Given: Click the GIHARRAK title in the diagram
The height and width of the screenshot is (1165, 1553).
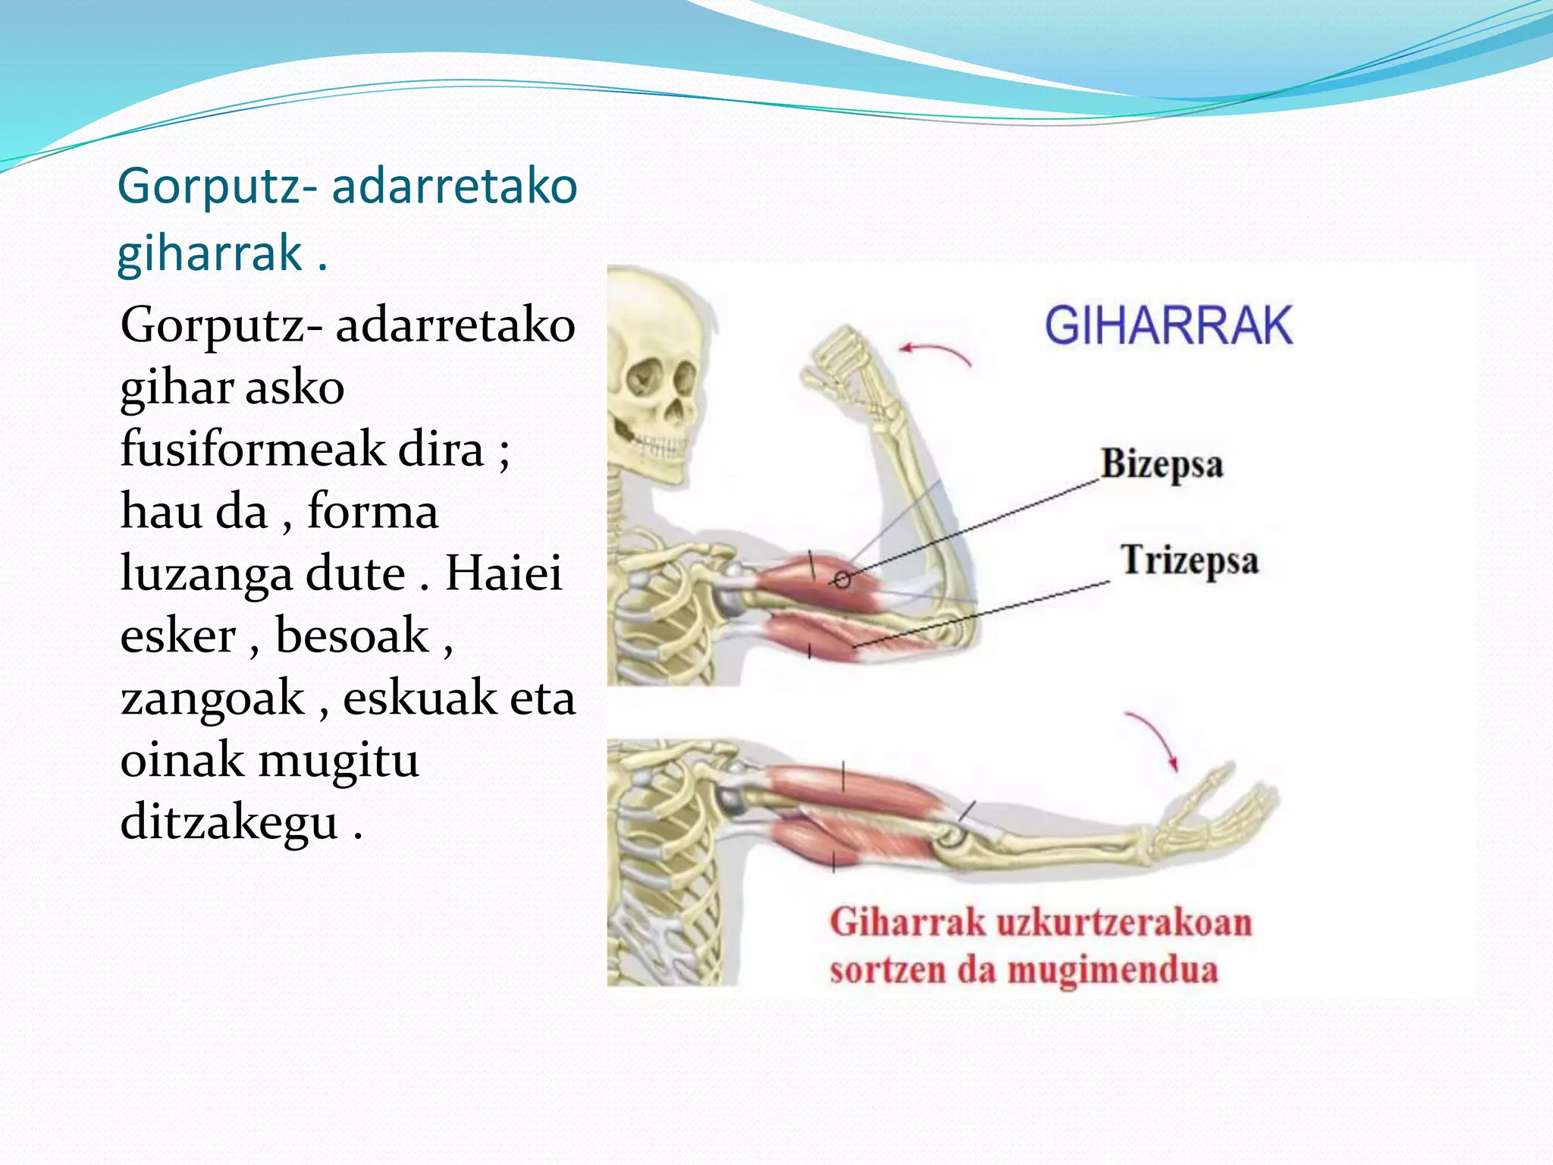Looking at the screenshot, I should (x=1168, y=326).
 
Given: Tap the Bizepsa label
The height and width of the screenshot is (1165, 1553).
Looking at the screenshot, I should (x=1162, y=464).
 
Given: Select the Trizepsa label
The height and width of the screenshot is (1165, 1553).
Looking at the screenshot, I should (x=1189, y=561).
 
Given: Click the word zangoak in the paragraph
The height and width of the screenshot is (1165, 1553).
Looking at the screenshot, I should (x=212, y=699).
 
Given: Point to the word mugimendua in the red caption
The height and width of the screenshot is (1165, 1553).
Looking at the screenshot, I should (x=1112, y=970).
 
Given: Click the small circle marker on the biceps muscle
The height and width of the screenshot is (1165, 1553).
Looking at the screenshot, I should (x=842, y=580).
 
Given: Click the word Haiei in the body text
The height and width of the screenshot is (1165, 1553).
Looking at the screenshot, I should (x=503, y=574).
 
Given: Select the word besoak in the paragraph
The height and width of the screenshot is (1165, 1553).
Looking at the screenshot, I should (x=352, y=636).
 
